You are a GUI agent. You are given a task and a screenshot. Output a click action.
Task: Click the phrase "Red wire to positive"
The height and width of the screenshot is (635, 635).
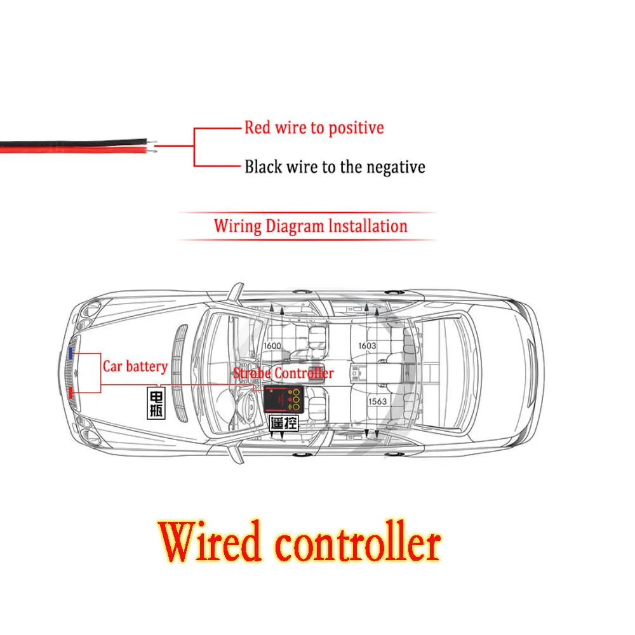(314, 128)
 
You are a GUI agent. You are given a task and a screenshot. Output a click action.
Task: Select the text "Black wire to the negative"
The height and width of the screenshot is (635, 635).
(335, 167)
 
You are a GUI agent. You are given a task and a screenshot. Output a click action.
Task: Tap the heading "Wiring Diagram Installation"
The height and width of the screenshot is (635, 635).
(310, 226)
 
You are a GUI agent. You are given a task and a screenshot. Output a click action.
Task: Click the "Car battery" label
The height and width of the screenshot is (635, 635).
(135, 366)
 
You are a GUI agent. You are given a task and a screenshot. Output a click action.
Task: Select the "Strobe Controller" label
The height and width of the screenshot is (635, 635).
(283, 373)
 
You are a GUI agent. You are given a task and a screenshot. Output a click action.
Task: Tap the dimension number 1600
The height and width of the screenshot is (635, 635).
(271, 346)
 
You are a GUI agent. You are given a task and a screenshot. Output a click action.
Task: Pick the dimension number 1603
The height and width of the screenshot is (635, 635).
(367, 346)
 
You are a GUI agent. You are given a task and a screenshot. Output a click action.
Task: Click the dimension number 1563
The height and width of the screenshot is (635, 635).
(377, 401)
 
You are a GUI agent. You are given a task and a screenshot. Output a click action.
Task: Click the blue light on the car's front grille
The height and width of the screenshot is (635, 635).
(72, 351)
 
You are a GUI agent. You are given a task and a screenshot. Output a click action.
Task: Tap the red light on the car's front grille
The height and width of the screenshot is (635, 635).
(72, 394)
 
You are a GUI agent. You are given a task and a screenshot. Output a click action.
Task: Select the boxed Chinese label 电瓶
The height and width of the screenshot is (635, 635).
(156, 403)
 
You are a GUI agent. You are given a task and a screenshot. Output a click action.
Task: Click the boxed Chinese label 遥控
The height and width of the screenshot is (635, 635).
(284, 424)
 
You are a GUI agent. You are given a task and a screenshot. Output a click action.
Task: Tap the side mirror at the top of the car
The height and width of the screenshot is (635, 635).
(236, 292)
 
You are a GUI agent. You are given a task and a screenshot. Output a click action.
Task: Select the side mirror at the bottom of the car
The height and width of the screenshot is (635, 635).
(236, 451)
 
